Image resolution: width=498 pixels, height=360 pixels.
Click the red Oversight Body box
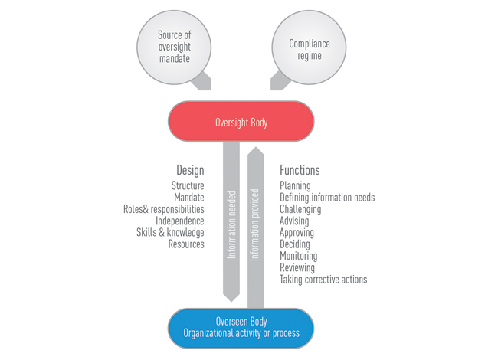241,122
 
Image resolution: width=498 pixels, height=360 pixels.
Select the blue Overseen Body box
241,327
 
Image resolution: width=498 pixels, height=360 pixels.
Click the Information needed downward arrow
232,222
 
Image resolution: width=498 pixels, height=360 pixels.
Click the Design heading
189,170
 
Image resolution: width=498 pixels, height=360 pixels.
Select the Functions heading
300,170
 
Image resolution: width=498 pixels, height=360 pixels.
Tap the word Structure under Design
188,186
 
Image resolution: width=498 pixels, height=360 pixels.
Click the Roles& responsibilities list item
164,209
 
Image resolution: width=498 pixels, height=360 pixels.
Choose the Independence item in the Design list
180,221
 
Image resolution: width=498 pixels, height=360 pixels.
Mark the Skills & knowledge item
170,232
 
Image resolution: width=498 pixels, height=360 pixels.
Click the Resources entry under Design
186,244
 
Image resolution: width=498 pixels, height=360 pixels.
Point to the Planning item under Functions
295,186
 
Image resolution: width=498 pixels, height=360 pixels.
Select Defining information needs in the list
327,198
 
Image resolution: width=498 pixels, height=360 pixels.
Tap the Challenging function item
300,209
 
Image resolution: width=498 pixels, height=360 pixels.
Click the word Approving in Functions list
297,233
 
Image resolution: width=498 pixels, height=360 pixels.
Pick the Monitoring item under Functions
298,256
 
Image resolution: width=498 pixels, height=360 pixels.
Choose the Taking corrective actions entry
323,280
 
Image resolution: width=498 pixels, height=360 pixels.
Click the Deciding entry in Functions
295,244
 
